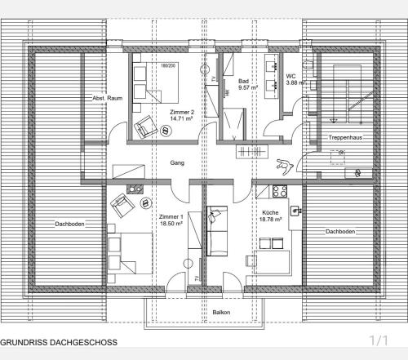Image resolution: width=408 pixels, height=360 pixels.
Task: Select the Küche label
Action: tap(270, 212)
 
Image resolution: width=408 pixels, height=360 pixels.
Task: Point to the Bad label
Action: tap(243, 81)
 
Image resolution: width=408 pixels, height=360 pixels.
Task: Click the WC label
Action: tap(290, 76)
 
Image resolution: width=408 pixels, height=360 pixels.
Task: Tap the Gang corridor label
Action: tap(177, 162)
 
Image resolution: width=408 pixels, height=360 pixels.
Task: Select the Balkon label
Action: tap(221, 312)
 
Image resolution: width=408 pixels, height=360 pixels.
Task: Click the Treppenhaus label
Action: tap(345, 137)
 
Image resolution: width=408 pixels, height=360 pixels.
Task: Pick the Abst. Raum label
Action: tap(108, 98)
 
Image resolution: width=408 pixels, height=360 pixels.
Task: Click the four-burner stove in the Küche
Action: tap(280, 191)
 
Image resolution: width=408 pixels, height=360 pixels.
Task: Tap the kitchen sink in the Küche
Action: tap(295, 211)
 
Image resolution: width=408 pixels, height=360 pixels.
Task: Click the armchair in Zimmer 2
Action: tap(145, 127)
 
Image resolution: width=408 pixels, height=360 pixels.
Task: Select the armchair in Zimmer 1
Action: tap(122, 206)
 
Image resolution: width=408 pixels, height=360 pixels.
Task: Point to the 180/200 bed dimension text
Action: tap(168, 65)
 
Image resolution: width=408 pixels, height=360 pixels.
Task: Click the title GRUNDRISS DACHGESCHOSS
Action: tap(59, 342)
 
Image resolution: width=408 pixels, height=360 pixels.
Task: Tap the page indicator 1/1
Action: tap(379, 340)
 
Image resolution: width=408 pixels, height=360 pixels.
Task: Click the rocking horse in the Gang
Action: tap(284, 166)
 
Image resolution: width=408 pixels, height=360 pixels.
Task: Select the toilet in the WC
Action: tap(308, 64)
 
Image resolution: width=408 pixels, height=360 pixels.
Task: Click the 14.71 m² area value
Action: tap(181, 118)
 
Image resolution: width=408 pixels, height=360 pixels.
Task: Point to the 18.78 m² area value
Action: tap(270, 220)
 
